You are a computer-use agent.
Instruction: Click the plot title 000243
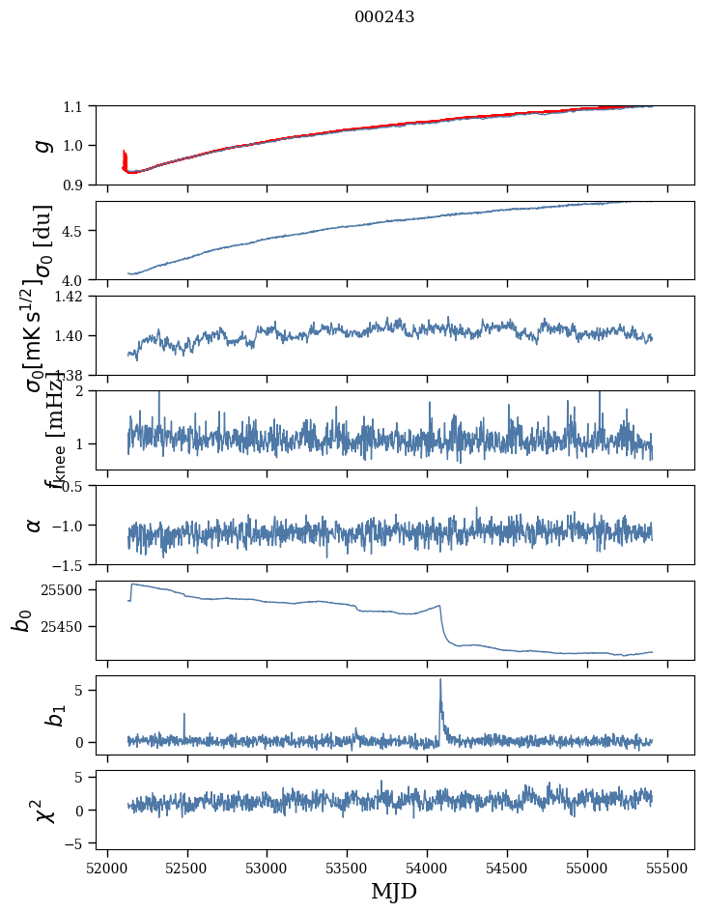pyautogui.click(x=384, y=16)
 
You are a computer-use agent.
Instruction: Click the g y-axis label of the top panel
pyautogui.click(x=41, y=145)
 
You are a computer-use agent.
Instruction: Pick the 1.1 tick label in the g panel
pyautogui.click(x=73, y=106)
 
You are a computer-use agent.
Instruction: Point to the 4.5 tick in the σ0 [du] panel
pyautogui.click(x=73, y=231)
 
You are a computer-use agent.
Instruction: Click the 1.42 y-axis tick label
pyautogui.click(x=70, y=297)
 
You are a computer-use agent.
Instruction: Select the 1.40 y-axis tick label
pyautogui.click(x=70, y=335)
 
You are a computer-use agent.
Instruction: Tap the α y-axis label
pyautogui.click(x=34, y=525)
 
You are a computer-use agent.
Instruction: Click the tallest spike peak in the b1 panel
pyautogui.click(x=440, y=679)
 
